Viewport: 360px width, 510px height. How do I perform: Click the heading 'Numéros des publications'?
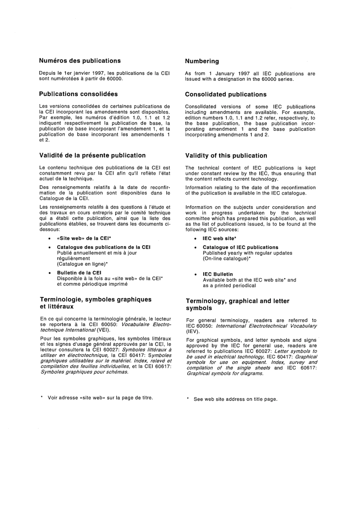(80, 61)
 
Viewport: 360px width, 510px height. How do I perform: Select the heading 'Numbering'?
(202, 61)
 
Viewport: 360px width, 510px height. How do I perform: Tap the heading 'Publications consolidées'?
(78, 94)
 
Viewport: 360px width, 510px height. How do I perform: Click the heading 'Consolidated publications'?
(225, 94)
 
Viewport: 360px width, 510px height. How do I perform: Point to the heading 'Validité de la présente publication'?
(92, 155)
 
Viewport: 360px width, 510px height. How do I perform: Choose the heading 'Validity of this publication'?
(226, 156)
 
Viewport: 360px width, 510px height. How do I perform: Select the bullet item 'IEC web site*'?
(219, 239)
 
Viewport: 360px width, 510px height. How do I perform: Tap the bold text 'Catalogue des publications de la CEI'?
(103, 247)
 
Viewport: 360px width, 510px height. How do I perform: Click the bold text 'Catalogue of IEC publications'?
(240, 247)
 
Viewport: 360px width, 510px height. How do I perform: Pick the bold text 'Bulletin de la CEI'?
(79, 273)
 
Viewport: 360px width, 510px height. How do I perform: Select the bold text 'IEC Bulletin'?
(218, 274)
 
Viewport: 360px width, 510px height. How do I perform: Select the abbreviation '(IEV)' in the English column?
(193, 331)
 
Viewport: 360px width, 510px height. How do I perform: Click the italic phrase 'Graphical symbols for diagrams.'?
(225, 373)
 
